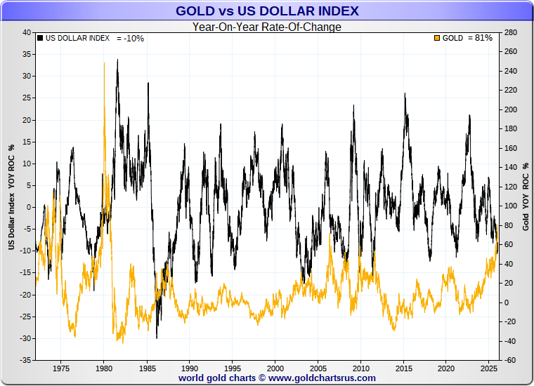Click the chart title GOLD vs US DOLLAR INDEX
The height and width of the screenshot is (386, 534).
point(266,11)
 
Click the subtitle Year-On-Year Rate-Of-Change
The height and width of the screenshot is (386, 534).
point(266,27)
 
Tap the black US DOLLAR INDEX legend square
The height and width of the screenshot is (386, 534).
point(40,38)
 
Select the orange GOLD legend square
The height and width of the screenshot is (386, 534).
point(438,38)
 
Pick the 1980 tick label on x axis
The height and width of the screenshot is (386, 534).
point(104,368)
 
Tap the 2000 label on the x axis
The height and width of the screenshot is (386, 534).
point(275,368)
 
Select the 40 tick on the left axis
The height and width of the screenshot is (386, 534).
point(27,32)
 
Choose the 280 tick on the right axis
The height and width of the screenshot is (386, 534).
point(511,32)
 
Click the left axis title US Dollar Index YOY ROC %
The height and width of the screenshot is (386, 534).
point(11,196)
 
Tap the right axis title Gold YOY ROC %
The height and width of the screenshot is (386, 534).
point(526,196)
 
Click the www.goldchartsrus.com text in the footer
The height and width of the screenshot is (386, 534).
point(322,378)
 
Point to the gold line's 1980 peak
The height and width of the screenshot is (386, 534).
point(104,63)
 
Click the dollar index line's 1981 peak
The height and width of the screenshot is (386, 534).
point(117,60)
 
